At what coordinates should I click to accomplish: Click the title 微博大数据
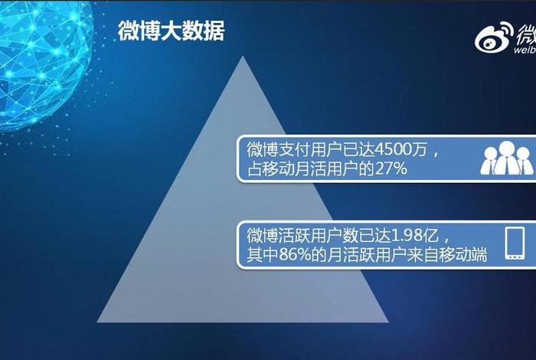tap(171, 31)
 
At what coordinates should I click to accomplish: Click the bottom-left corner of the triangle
tap(97, 321)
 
